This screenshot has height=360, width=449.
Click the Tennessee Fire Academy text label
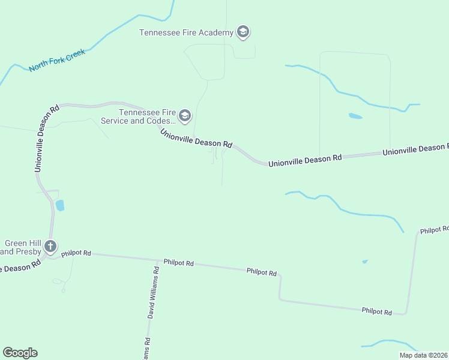pyautogui.click(x=186, y=32)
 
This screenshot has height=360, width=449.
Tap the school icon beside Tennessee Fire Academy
pyautogui.click(x=243, y=32)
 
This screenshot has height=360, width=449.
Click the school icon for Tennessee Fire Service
pyautogui.click(x=184, y=116)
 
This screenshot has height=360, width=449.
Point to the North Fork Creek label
pyautogui.click(x=57, y=60)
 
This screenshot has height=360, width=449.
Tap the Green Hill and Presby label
pyautogui.click(x=21, y=247)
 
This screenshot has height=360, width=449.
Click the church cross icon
pyautogui.click(x=51, y=246)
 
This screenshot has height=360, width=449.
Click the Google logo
pyautogui.click(x=20, y=353)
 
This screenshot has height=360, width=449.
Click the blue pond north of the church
pyautogui.click(x=59, y=206)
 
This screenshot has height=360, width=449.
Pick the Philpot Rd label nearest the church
pyautogui.click(x=79, y=253)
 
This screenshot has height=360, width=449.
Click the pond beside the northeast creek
pyautogui.click(x=355, y=116)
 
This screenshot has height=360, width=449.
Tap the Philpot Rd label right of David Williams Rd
pyautogui.click(x=181, y=263)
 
